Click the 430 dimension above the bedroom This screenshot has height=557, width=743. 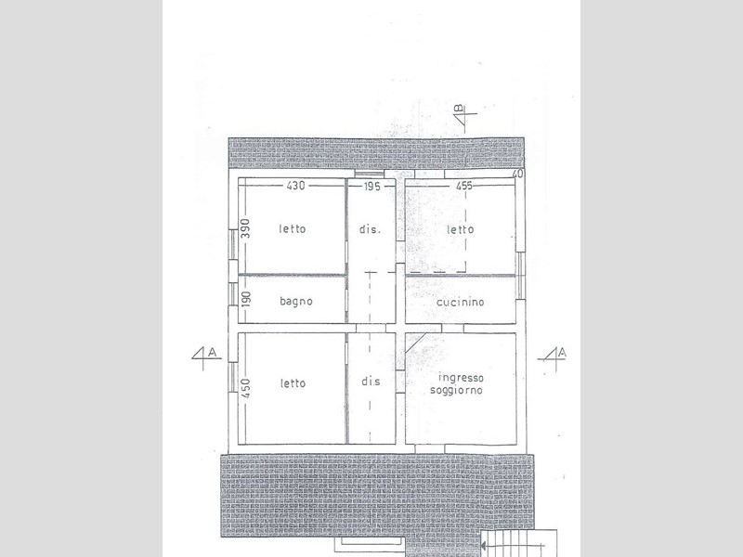click(295, 185)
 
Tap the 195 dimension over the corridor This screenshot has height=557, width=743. click(372, 187)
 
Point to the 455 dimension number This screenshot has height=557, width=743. click(463, 186)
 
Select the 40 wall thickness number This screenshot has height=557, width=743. click(518, 174)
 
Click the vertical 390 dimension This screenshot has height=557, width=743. click(245, 228)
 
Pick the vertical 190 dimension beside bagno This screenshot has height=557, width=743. click(246, 299)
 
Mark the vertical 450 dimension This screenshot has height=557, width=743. click(245, 387)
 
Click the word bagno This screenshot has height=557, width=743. click(296, 301)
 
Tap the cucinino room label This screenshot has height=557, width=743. click(460, 302)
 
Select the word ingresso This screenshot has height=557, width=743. click(461, 378)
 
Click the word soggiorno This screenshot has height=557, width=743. click(456, 390)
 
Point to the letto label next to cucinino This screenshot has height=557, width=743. click(461, 229)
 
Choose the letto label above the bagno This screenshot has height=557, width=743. click(293, 228)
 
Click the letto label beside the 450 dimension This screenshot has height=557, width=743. click(293, 383)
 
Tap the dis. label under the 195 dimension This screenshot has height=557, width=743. click(370, 229)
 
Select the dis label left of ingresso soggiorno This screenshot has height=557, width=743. click(371, 382)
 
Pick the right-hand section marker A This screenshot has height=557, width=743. click(553, 356)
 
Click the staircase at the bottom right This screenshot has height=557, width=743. click(519, 543)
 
